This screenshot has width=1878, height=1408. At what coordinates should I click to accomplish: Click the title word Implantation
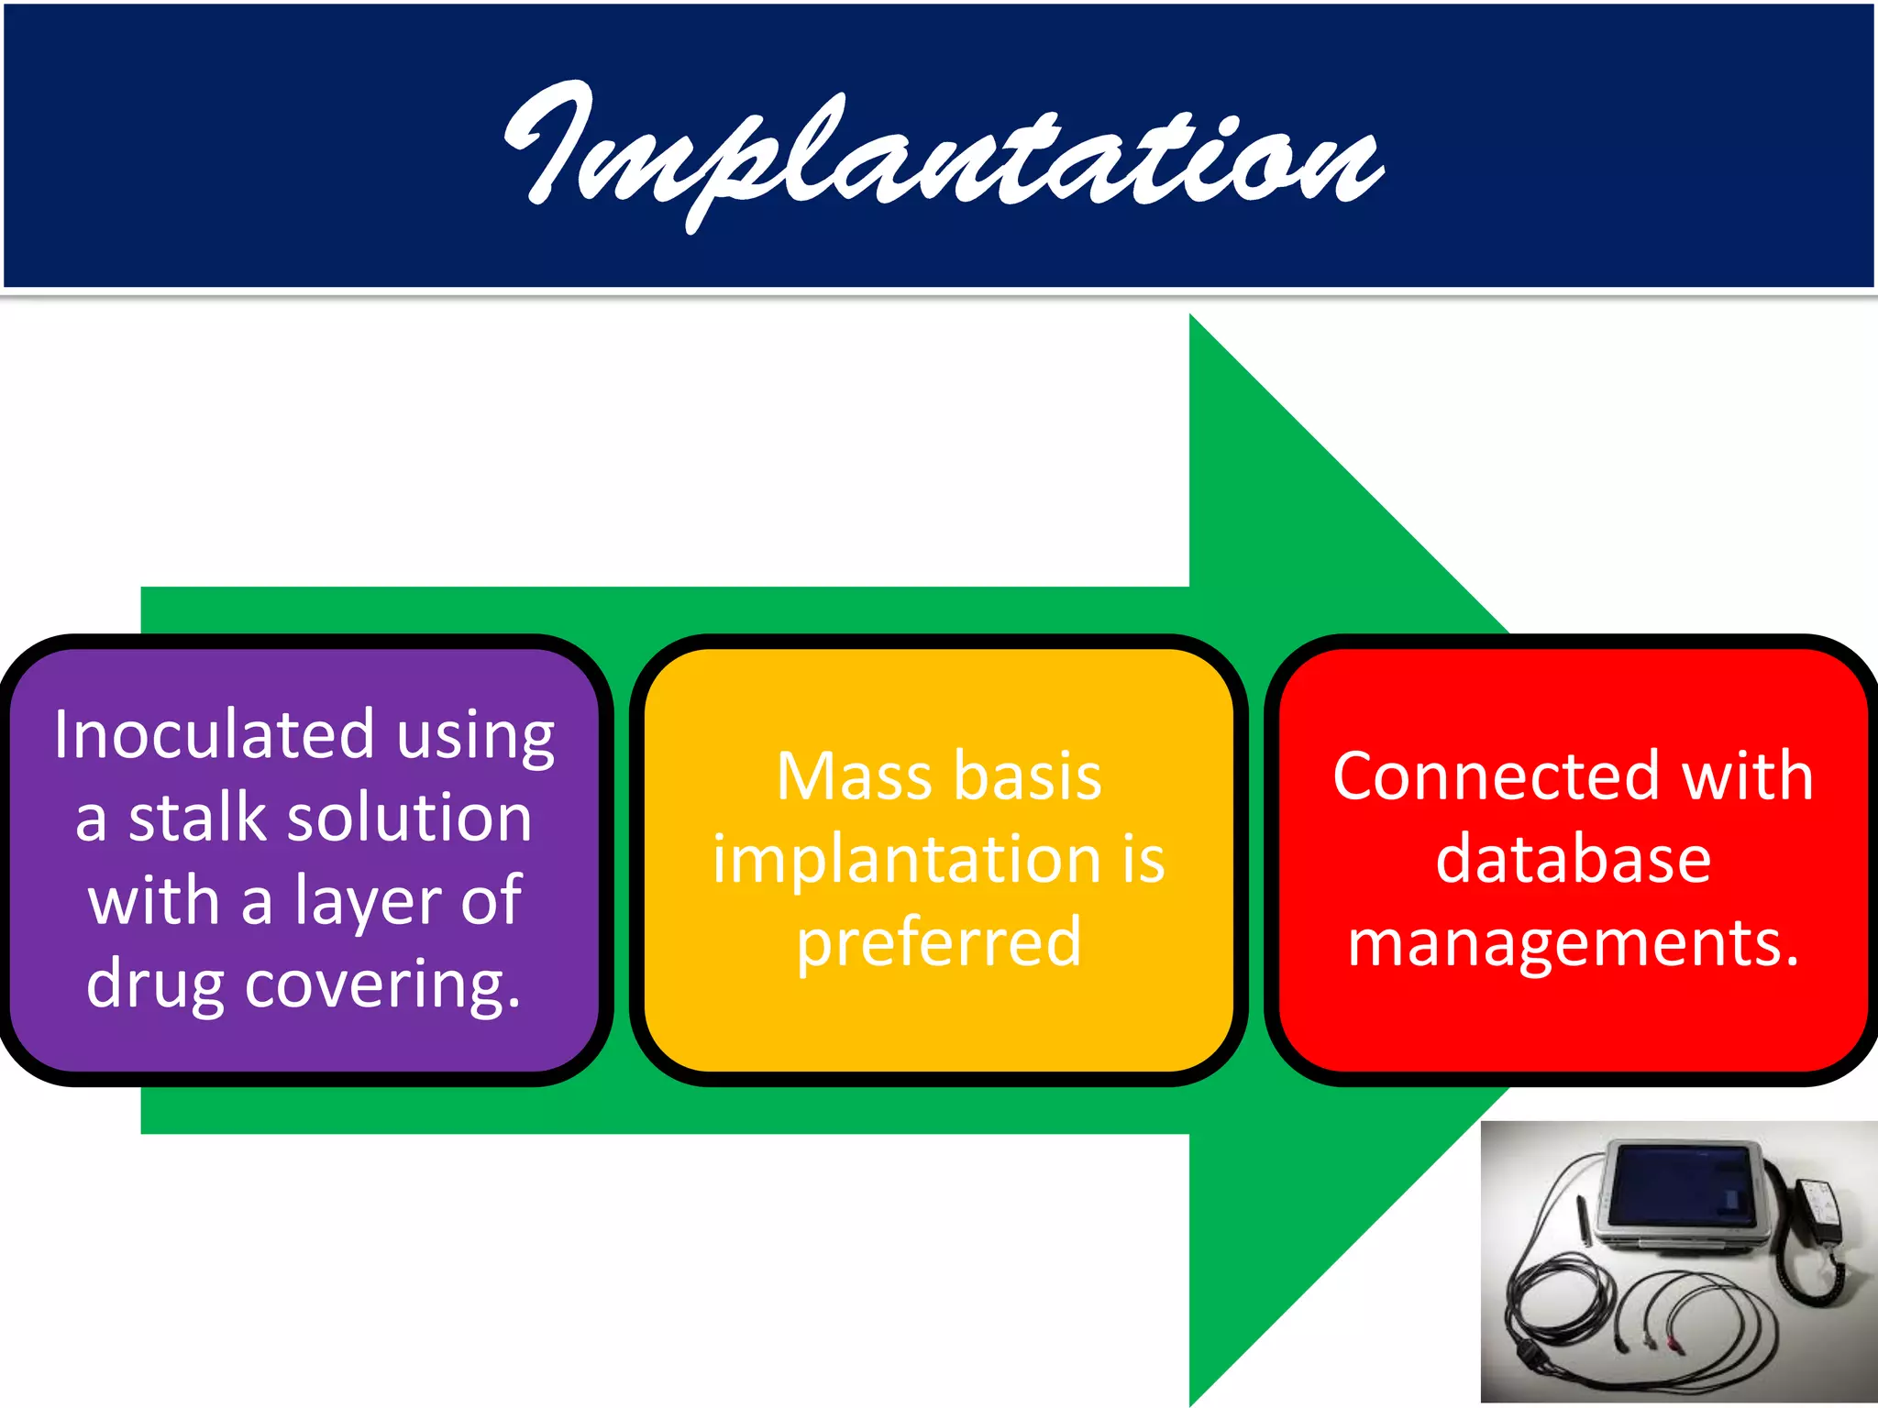point(945,151)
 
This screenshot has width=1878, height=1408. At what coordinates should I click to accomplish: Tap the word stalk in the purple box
point(196,818)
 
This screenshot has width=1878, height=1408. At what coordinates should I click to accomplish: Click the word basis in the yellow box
point(1027,776)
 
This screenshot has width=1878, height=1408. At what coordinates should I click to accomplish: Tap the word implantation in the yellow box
point(908,860)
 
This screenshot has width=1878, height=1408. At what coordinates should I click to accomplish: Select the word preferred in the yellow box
point(939,942)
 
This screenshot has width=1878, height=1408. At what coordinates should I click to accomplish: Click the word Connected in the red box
point(1495,776)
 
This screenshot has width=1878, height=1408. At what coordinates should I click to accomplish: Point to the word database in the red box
point(1574,860)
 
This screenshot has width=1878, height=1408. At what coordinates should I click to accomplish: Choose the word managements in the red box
point(1572,942)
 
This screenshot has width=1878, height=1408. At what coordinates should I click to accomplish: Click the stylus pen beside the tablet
point(1584,1218)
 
